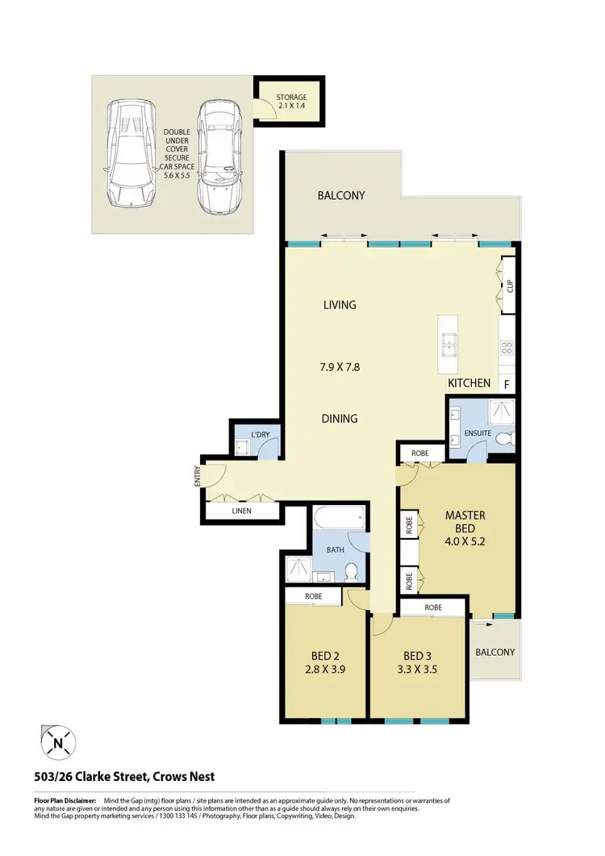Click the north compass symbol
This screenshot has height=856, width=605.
click(x=56, y=741)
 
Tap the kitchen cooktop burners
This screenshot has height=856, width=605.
click(x=507, y=348)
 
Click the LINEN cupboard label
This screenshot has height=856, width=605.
click(x=240, y=512)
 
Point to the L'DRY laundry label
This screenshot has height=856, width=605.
click(x=261, y=435)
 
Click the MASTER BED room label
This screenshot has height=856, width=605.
click(x=465, y=516)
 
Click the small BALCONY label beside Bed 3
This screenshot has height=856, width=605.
click(x=494, y=652)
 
